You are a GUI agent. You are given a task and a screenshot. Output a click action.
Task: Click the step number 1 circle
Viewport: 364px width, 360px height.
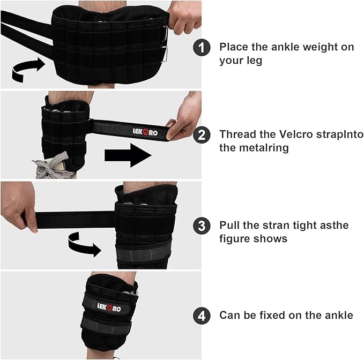click(202, 48)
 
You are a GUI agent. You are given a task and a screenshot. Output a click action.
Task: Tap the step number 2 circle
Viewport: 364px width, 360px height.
click(202, 135)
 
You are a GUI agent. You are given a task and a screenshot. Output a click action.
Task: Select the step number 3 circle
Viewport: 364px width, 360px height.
click(202, 226)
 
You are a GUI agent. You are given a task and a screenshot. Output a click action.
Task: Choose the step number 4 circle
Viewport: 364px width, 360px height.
click(202, 316)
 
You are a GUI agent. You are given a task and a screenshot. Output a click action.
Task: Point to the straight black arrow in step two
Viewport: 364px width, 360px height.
click(128, 155)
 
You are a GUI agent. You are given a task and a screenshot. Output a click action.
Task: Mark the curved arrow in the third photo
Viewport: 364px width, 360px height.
click(85, 246)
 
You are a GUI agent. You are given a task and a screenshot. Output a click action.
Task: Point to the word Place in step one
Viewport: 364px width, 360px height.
click(234, 47)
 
